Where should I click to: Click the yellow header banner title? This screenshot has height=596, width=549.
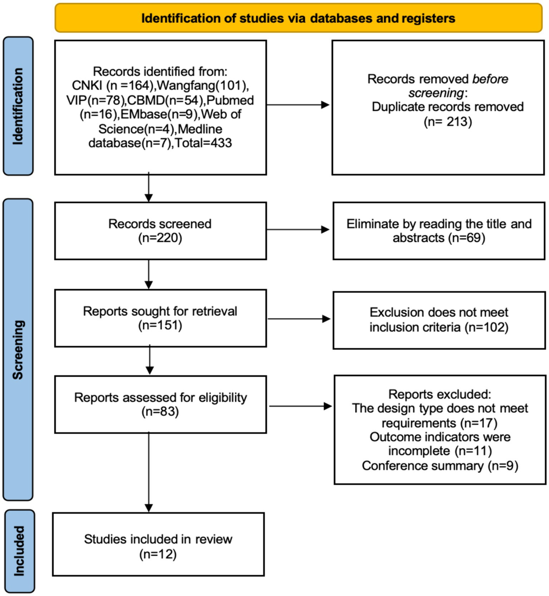298,18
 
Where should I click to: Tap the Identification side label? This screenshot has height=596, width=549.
18,106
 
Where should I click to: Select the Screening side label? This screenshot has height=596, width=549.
18,349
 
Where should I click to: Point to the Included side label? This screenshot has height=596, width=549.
19,551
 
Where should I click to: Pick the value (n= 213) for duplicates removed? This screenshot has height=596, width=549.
447,122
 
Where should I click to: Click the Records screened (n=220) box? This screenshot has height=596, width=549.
160,231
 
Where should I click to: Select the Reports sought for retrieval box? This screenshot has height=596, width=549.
160,318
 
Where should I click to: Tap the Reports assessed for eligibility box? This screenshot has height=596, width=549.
160,404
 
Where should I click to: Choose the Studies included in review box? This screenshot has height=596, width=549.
158,544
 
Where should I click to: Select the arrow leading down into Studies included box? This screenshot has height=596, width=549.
149,471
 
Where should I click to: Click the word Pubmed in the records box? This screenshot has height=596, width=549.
230,100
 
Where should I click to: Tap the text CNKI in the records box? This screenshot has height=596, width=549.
87,86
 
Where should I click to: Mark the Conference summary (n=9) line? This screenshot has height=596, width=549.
440,466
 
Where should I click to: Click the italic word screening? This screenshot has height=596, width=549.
436,93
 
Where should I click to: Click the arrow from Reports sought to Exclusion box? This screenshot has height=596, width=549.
298,319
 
